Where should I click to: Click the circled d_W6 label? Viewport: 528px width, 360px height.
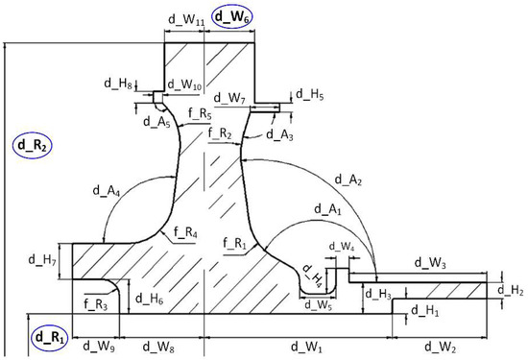pyautogui.click(x=232, y=17)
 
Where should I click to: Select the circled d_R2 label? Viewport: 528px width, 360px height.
pyautogui.click(x=33, y=145)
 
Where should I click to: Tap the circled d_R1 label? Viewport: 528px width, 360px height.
pyautogui.click(x=49, y=338)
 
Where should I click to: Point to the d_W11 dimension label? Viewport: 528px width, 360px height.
pyautogui.click(x=186, y=20)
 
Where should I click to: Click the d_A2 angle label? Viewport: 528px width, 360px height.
pyautogui.click(x=348, y=180)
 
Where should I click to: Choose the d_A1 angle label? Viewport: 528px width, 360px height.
pyautogui.click(x=327, y=210)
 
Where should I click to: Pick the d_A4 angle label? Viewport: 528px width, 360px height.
pyautogui.click(x=107, y=191)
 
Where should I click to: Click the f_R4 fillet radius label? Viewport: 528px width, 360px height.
pyautogui.click(x=185, y=232)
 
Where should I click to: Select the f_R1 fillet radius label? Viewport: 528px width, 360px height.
pyautogui.click(x=234, y=243)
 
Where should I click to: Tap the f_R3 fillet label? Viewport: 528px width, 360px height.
pyautogui.click(x=95, y=304)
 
